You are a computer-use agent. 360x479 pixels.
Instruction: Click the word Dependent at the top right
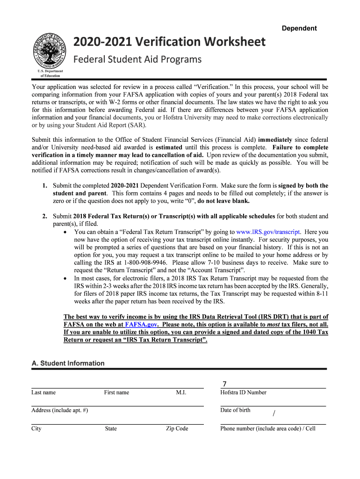click(299, 29)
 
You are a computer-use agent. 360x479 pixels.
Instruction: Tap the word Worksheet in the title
click(229, 42)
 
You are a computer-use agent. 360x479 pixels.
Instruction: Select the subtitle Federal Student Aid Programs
click(138, 59)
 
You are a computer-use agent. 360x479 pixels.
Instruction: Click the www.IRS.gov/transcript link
click(269, 232)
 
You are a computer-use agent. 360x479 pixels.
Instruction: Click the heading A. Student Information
click(68, 363)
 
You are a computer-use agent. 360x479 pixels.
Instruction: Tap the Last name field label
click(43, 393)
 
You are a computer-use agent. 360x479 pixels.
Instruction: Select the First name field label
click(116, 393)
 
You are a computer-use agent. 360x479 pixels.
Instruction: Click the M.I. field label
click(181, 393)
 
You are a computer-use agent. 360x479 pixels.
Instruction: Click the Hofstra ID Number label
click(243, 393)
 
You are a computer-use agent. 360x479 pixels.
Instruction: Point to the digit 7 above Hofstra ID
click(224, 384)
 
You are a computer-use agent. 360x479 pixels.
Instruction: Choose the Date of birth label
click(235, 411)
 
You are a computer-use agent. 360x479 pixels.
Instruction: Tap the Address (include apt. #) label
click(59, 411)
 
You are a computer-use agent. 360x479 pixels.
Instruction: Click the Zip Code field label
click(177, 429)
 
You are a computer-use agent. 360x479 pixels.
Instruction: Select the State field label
click(111, 429)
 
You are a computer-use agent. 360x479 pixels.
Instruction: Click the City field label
click(36, 429)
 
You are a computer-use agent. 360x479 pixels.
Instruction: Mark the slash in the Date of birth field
click(274, 413)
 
